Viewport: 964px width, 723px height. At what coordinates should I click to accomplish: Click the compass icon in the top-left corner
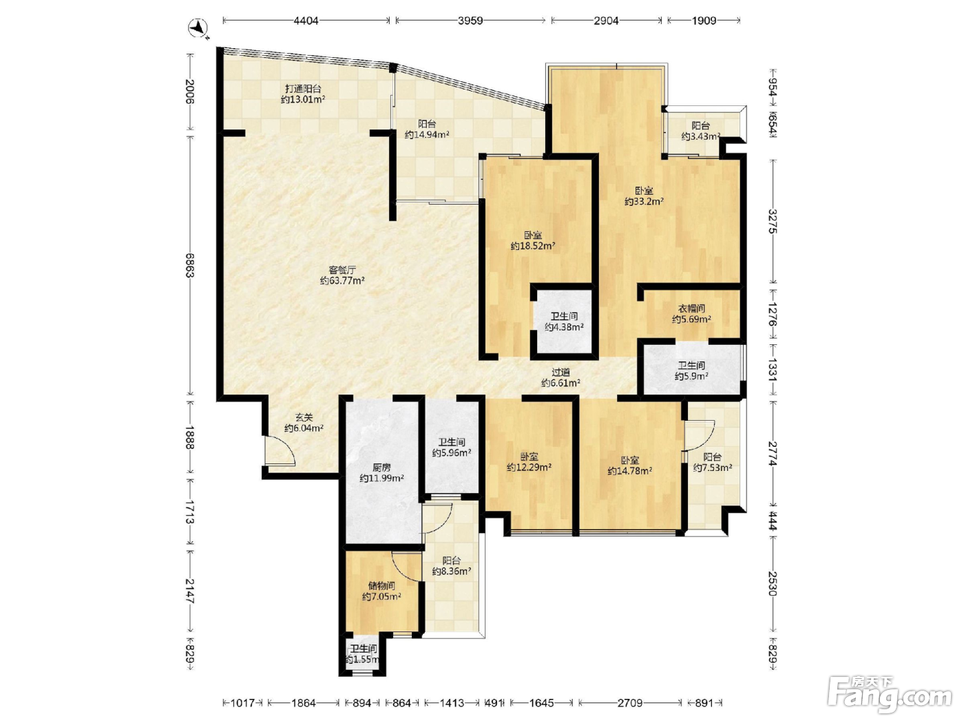coord(198,28)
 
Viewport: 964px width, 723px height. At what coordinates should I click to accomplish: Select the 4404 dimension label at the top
coord(306,21)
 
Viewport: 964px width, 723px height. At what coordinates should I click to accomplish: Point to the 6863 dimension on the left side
coord(189,265)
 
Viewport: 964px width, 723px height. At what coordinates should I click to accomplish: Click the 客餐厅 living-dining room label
coord(342,270)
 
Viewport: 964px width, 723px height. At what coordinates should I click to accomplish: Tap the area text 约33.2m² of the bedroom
coord(644,202)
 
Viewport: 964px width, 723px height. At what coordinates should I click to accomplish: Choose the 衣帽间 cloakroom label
coord(692,308)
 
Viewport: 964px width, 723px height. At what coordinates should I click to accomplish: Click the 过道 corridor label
coord(560,373)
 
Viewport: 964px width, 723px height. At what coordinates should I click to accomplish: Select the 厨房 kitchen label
coord(381,468)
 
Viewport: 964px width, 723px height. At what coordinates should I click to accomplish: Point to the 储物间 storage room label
coord(381,585)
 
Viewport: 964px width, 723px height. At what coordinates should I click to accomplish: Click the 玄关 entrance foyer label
coord(304,417)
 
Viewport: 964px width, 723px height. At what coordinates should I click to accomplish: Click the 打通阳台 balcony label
coord(303,89)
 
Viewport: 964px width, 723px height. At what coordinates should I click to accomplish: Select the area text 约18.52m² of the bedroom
coord(533,246)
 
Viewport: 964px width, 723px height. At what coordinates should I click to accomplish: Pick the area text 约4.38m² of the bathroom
coord(565,327)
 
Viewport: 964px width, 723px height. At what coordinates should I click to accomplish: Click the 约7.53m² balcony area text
coord(713,468)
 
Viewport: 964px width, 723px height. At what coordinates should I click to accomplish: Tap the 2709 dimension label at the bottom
coord(630,703)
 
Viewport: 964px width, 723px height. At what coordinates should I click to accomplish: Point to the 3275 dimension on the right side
coord(773,222)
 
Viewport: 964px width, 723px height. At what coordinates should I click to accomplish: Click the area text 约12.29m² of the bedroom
coord(530,468)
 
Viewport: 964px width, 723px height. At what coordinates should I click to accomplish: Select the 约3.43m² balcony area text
coord(700,136)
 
